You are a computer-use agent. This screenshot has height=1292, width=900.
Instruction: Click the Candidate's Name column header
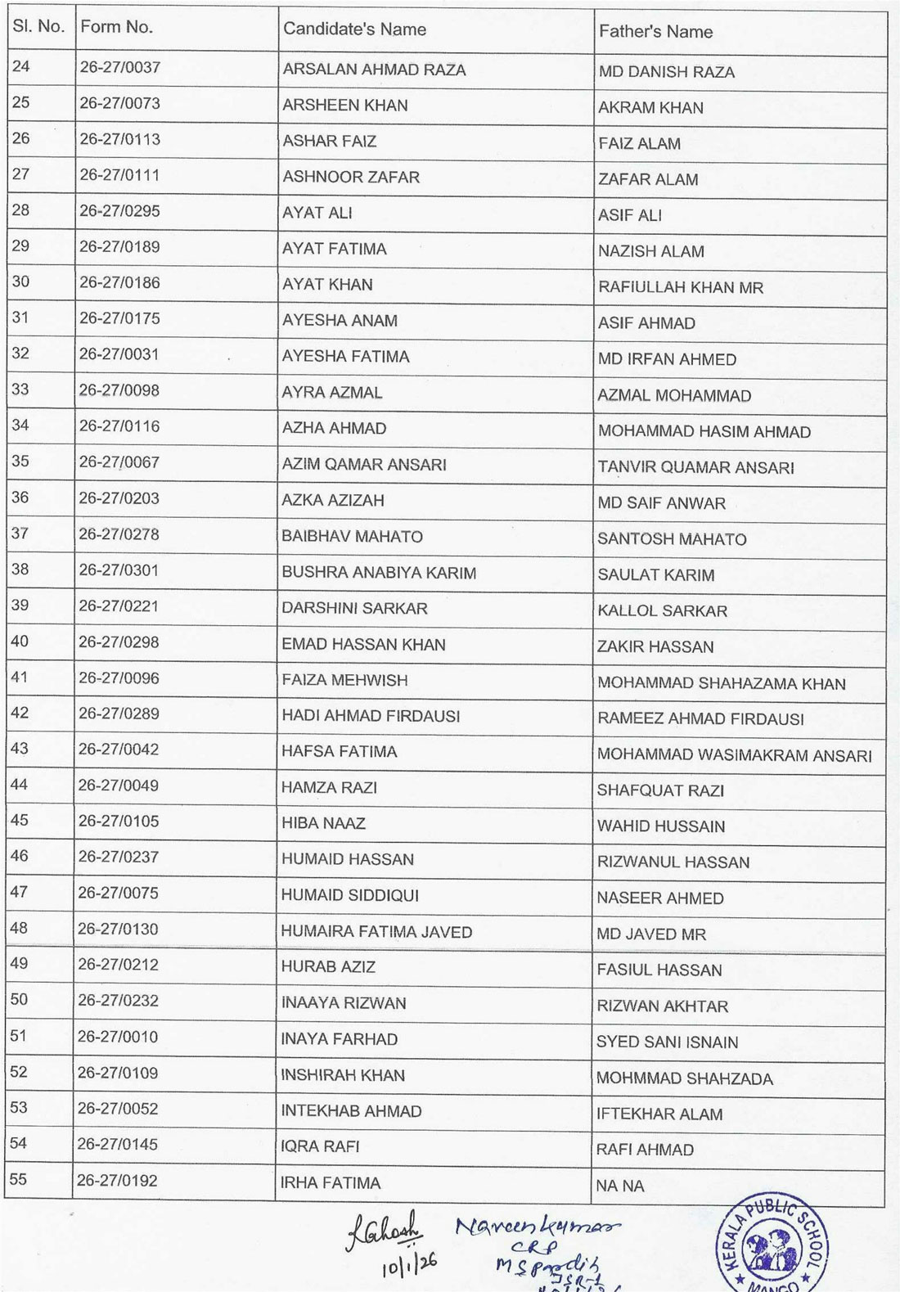point(354,29)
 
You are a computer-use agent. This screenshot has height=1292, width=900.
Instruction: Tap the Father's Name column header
point(655,32)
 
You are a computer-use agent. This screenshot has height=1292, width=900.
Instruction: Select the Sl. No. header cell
point(38,26)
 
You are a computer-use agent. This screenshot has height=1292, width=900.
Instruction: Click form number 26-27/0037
point(119,67)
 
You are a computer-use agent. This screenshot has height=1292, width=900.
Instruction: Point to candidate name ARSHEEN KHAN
point(344,105)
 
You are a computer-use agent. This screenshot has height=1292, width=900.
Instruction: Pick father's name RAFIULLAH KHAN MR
point(680,287)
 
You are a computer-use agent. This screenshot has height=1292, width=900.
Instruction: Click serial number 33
point(20,389)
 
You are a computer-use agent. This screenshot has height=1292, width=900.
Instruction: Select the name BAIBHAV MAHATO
point(352,537)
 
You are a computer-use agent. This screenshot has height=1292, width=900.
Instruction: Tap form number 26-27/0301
point(119,570)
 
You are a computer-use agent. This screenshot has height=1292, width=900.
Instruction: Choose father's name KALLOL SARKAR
point(662,611)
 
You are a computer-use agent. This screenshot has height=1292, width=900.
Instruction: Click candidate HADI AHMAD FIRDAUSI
point(370,716)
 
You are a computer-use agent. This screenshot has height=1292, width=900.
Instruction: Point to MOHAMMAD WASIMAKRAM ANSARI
point(734,755)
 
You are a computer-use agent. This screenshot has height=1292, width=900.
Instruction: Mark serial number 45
point(20,821)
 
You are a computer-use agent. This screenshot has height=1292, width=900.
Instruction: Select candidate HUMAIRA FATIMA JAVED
point(376,932)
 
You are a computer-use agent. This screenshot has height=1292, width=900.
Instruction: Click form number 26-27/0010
point(118,1037)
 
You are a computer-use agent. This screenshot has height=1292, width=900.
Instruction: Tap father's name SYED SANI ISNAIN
point(667,1042)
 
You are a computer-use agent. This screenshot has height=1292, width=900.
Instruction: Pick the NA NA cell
point(620,1186)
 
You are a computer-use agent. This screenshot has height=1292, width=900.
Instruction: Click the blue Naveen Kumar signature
point(537,1227)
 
